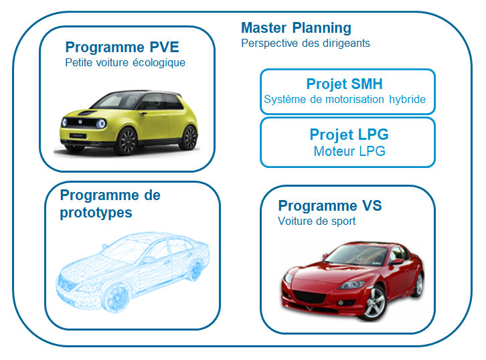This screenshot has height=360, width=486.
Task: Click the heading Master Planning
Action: [295, 28]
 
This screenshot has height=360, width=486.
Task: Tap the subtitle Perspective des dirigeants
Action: [305, 43]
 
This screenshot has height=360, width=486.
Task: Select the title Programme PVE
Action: [122, 48]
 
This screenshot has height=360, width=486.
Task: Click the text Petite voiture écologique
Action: [125, 63]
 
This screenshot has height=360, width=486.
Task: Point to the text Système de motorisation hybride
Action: [345, 100]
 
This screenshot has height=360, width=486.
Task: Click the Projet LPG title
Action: [349, 134]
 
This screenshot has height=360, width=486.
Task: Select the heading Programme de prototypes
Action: [110, 203]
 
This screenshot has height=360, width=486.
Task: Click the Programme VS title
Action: [330, 205]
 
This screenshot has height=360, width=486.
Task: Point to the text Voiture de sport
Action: [317, 221]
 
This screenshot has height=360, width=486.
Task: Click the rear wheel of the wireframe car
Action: [195, 270]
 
